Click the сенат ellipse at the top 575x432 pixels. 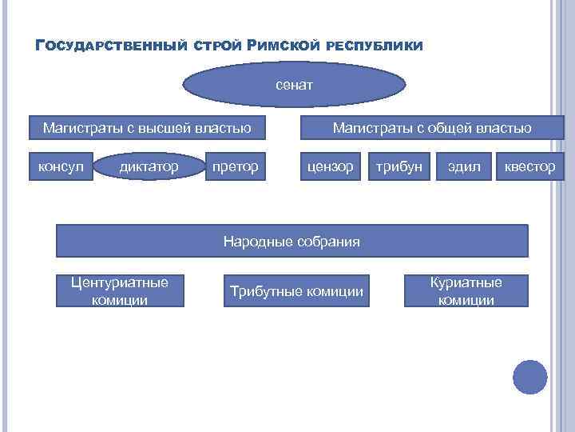[x=295, y=84]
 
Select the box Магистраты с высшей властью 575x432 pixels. [x=148, y=127]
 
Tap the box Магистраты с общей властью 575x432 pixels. [x=432, y=127]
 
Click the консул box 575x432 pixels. [x=61, y=166]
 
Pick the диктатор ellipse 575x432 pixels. [x=149, y=166]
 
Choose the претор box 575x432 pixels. [x=235, y=166]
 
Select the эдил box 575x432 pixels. [x=464, y=166]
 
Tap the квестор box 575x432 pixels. [x=529, y=166]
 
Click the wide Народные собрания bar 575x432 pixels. [x=291, y=241]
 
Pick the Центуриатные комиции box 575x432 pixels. [x=120, y=291]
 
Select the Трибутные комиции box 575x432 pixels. [x=296, y=291]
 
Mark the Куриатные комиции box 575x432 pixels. [x=466, y=291]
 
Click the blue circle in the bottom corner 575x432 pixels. [x=529, y=377]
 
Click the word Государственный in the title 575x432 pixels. [x=111, y=45]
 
